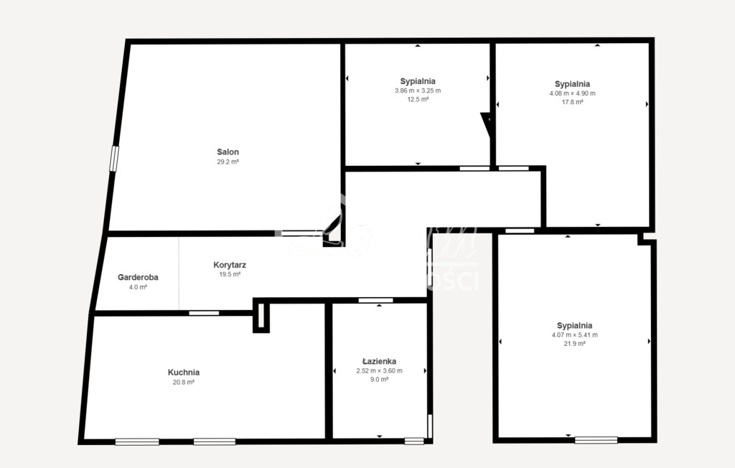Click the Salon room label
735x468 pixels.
[228, 152]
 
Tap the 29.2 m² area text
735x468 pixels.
[228, 162]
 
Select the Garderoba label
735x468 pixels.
[138, 277]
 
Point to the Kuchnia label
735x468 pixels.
[184, 373]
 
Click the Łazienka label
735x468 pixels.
[379, 362]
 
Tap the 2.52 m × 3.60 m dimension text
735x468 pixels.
[379, 371]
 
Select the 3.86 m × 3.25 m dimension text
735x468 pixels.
[418, 90]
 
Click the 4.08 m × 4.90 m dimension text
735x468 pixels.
[572, 93]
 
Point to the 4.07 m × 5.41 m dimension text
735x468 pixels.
[574, 335]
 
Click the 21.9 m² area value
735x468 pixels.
[574, 344]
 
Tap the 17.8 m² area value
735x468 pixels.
[572, 102]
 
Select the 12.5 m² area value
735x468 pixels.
[418, 100]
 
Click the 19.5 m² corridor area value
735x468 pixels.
[230, 274]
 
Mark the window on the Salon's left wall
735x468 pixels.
[113, 159]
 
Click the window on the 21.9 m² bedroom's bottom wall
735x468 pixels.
[596, 439]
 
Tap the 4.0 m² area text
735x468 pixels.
[138, 287]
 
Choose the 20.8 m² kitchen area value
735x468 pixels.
[184, 383]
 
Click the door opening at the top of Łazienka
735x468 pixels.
[376, 300]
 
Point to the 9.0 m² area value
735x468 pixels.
[379, 380]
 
